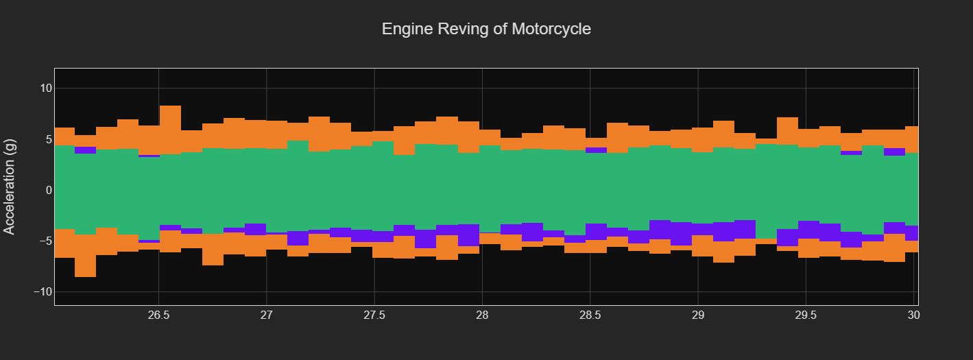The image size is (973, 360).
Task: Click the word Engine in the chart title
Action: [x=405, y=29]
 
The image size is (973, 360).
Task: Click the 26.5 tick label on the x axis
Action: [x=158, y=316]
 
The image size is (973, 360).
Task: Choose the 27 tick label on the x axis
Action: [x=267, y=316]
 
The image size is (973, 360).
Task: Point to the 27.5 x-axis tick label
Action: [x=374, y=316]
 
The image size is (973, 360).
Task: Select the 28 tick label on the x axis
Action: [x=482, y=316]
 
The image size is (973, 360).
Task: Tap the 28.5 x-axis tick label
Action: [x=590, y=316]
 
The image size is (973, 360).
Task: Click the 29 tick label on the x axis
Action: [x=697, y=316]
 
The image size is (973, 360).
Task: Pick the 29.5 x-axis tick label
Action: [x=806, y=316]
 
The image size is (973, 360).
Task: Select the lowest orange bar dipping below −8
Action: [x=85, y=267]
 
